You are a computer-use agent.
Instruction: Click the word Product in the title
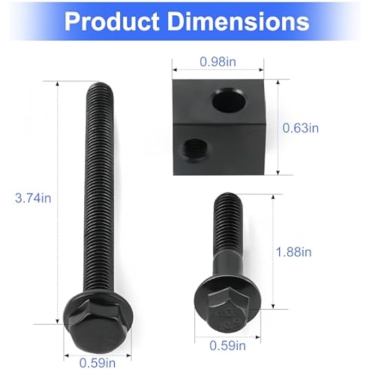pyautogui.click(x=112, y=21)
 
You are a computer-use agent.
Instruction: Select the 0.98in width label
pyautogui.click(x=218, y=61)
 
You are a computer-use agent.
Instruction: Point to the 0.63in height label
pyautogui.click(x=300, y=128)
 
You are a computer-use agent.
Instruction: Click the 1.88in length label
pyautogui.click(x=294, y=252)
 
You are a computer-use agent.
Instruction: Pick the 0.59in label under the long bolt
pyautogui.click(x=98, y=360)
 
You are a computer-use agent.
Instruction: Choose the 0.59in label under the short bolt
pyautogui.click(x=228, y=345)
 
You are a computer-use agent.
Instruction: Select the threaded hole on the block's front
pyautogui.click(x=193, y=147)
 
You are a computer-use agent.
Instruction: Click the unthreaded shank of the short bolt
pyautogui.click(x=228, y=261)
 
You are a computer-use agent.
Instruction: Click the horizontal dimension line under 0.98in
pyautogui.click(x=218, y=70)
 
